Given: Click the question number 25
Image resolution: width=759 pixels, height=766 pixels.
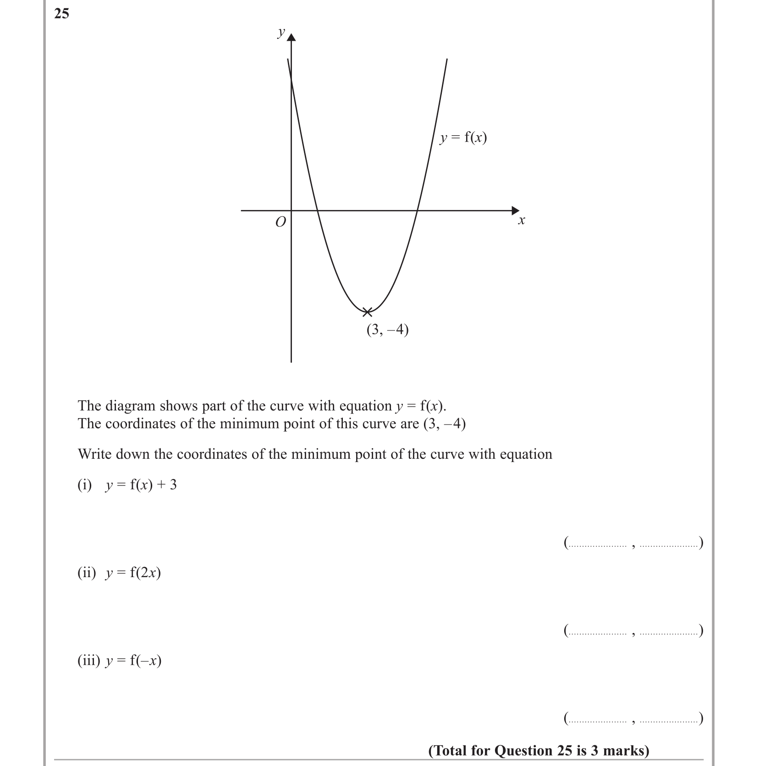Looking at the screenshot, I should click(61, 14).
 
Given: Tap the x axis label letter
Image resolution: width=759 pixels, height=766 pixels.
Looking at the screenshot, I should click(521, 221).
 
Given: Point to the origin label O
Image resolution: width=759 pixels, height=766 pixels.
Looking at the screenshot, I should click(280, 222).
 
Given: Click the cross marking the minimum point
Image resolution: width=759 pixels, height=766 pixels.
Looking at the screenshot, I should click(367, 312).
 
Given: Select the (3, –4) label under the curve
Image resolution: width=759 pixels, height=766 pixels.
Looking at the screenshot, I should click(387, 330).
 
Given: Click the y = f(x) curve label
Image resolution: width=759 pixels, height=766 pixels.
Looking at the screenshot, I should click(463, 138).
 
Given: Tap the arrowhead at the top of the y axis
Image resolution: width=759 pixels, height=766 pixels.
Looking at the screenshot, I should click(291, 37).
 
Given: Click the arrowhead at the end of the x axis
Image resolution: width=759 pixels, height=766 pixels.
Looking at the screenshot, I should click(516, 210).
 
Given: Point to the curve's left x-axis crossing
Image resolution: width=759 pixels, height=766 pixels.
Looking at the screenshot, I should click(317, 211).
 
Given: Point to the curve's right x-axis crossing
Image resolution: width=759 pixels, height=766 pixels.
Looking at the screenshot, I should click(417, 211).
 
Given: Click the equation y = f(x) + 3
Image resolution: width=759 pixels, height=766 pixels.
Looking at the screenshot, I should click(141, 485).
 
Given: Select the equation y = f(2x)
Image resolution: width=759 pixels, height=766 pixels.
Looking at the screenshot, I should click(133, 573).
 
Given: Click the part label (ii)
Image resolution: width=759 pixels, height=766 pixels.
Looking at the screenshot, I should click(87, 573).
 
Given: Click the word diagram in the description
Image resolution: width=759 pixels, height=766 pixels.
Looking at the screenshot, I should click(134, 406).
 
